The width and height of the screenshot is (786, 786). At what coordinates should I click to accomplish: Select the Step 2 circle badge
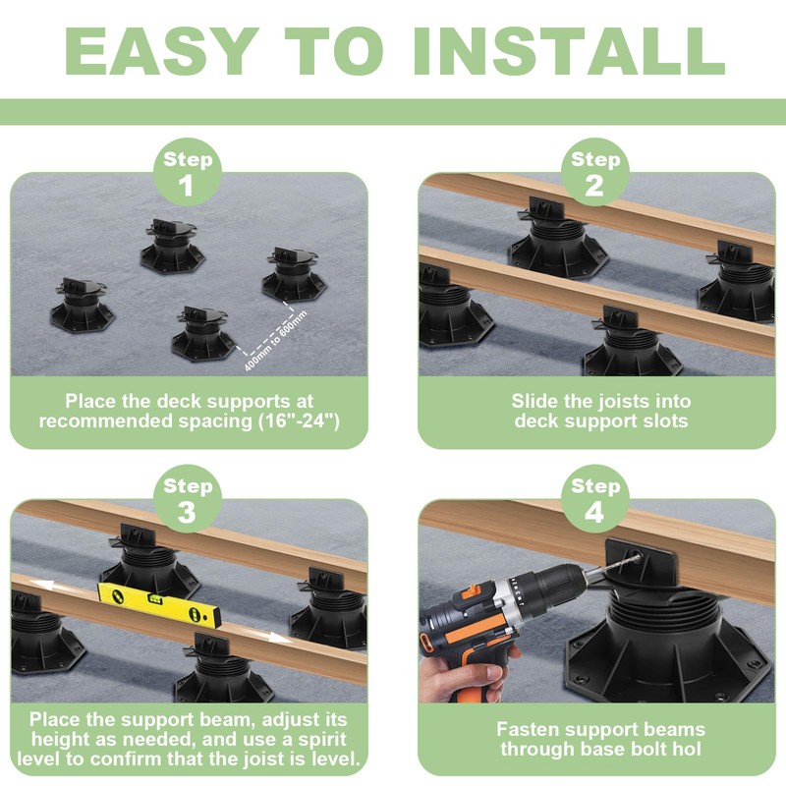tap(594, 172)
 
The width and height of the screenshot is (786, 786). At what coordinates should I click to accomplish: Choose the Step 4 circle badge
tap(594, 499)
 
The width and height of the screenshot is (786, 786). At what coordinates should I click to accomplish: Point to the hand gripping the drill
tap(472, 678)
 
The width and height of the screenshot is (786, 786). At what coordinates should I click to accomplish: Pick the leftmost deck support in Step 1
tap(82, 307)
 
